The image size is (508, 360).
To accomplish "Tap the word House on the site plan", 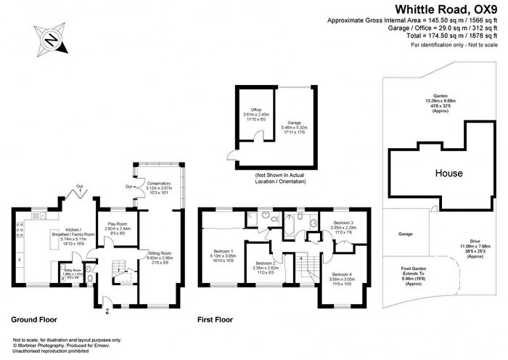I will point(449,174).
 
